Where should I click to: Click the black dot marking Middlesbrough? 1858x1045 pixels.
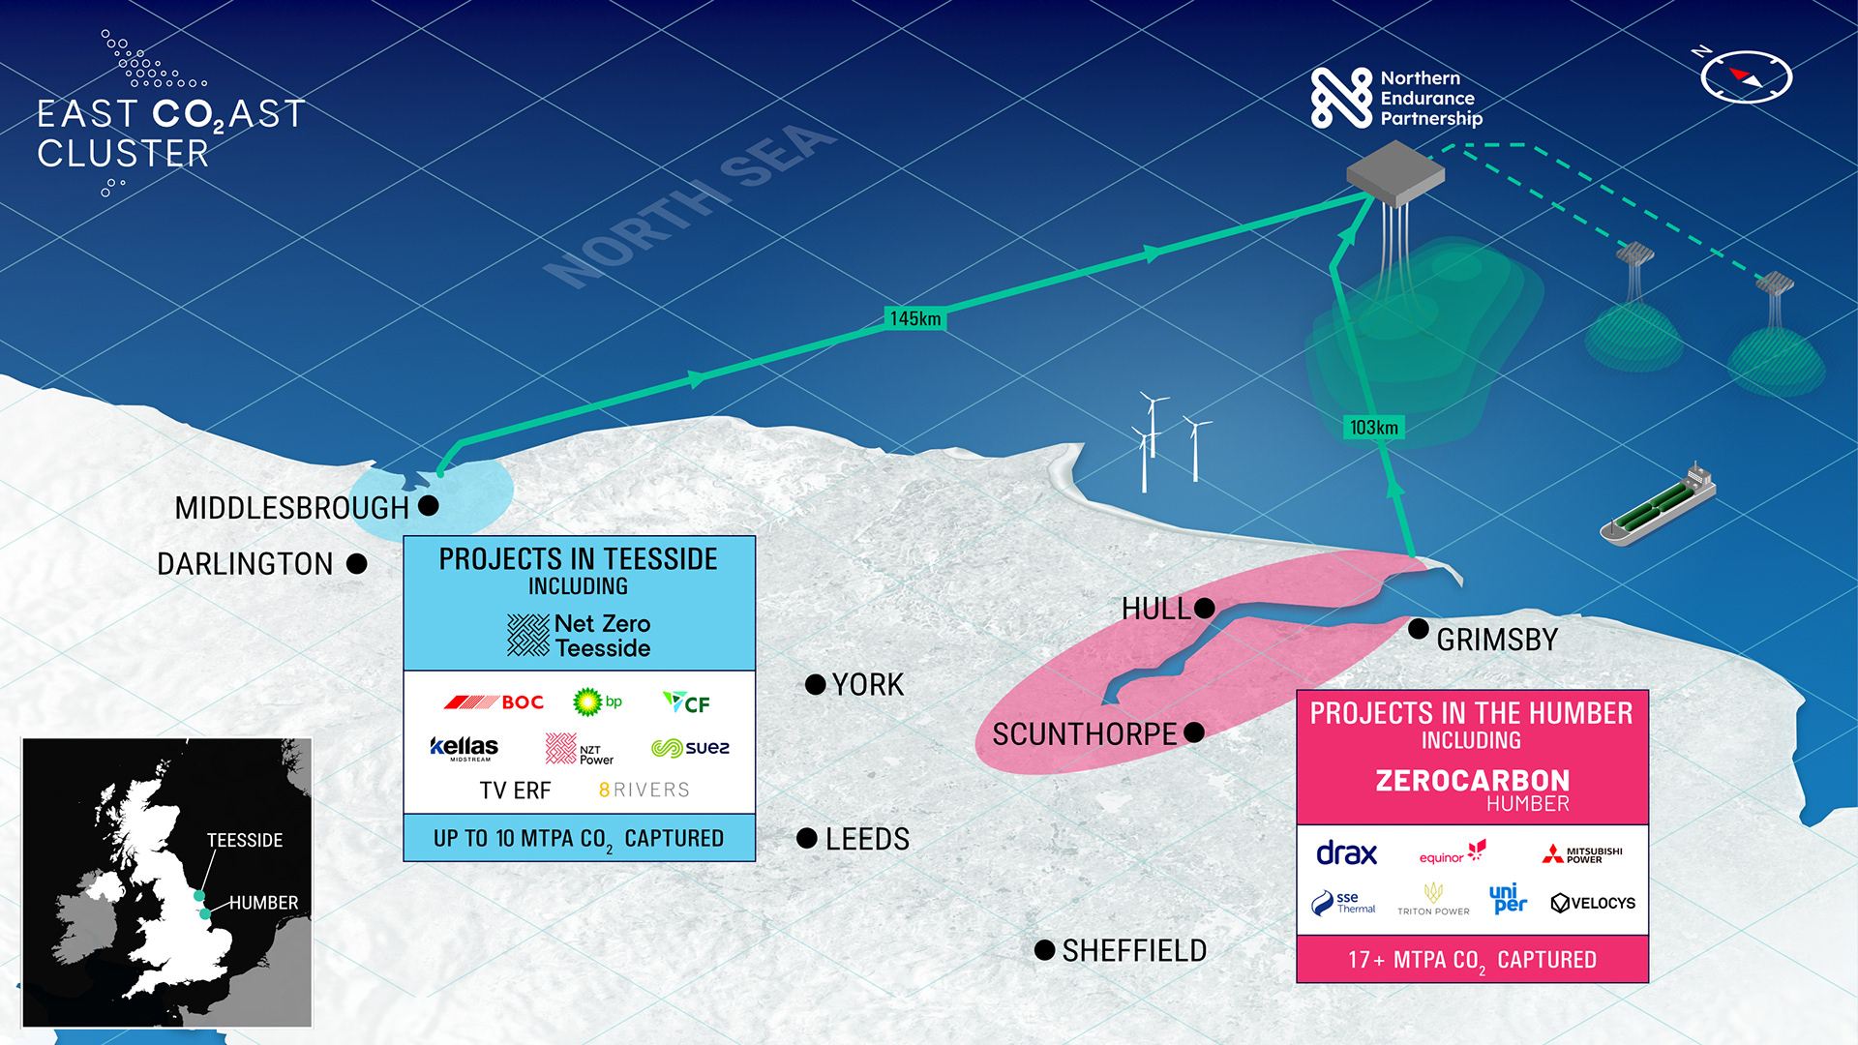pyautogui.click(x=429, y=505)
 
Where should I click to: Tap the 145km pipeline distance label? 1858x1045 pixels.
pyautogui.click(x=914, y=318)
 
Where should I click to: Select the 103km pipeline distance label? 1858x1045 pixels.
pyautogui.click(x=1373, y=428)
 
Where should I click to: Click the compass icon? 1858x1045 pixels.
pyautogui.click(x=1746, y=76)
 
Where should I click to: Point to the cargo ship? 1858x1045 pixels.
pyautogui.click(x=1657, y=506)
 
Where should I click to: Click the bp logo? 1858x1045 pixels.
pyautogui.click(x=596, y=702)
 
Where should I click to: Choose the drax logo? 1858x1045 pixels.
pyautogui.click(x=1346, y=853)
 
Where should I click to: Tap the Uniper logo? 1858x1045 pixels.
pyautogui.click(x=1508, y=899)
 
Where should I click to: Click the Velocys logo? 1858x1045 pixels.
pyautogui.click(x=1592, y=903)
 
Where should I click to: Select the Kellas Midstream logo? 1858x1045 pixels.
pyautogui.click(x=464, y=748)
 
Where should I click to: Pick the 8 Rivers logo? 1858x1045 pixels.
pyautogui.click(x=644, y=790)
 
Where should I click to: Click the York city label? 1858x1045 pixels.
pyautogui.click(x=867, y=685)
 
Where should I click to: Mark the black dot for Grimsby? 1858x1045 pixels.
pyautogui.click(x=1419, y=629)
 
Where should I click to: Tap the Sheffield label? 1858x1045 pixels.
pyautogui.click(x=1134, y=951)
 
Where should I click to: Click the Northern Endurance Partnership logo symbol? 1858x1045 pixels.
pyautogui.click(x=1341, y=98)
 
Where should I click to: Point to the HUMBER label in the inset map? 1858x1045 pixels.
pyautogui.click(x=263, y=903)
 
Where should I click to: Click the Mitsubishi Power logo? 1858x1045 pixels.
pyautogui.click(x=1582, y=854)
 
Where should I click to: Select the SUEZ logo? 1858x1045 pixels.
pyautogui.click(x=690, y=748)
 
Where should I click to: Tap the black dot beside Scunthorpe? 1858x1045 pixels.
pyautogui.click(x=1194, y=732)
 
